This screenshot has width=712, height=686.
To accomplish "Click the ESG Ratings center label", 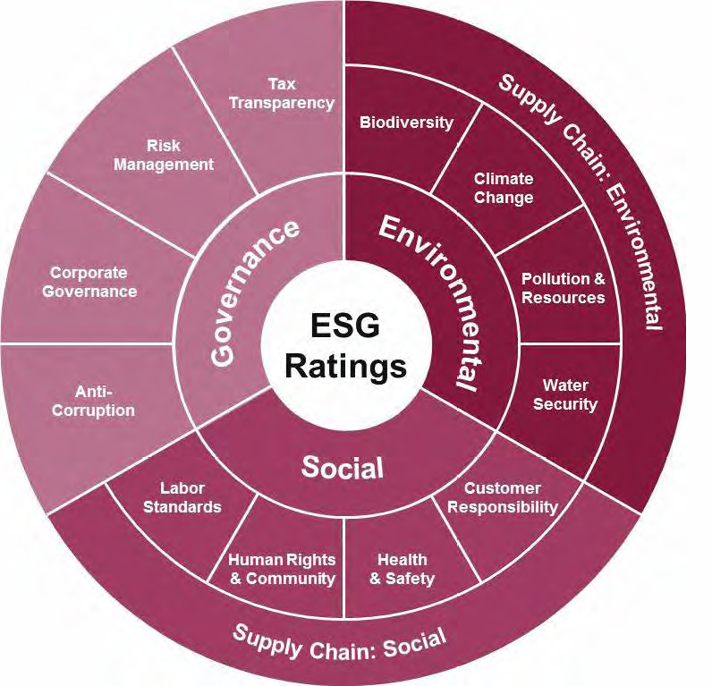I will click(346, 345).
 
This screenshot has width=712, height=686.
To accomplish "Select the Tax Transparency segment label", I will click(281, 94).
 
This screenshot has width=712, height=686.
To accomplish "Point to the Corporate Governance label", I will click(93, 282).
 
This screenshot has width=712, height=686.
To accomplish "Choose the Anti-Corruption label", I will click(105, 401).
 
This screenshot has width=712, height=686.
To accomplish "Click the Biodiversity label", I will click(406, 123).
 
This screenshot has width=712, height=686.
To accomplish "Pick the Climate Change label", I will click(504, 188).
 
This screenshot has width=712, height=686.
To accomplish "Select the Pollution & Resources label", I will click(564, 288).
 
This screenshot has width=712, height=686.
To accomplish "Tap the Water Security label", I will click(565, 394).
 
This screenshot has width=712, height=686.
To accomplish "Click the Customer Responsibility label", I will click(502, 497).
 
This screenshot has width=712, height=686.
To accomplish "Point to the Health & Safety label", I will click(402, 569).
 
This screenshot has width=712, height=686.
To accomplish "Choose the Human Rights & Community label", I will click(282, 569).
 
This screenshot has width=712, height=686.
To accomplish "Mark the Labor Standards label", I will click(183, 497).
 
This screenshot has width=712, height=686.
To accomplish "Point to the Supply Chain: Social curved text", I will click(339, 645).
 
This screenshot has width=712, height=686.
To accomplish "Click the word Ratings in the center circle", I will click(346, 366).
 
